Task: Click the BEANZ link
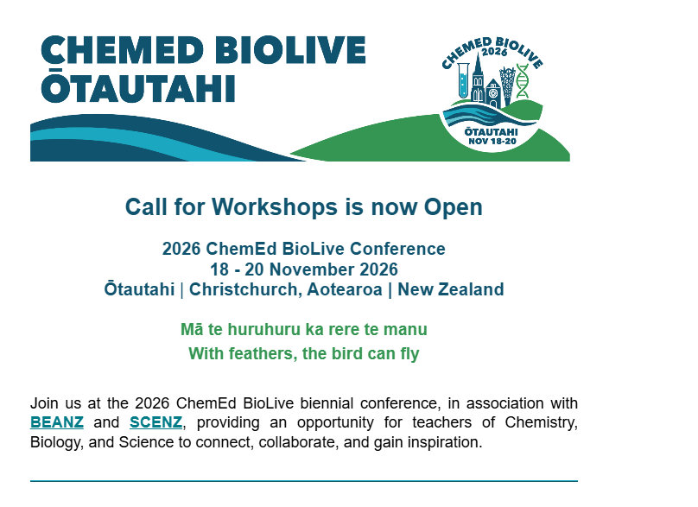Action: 56,422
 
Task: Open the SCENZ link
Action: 155,422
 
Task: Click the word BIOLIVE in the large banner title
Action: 293,49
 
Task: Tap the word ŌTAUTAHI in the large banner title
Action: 138,86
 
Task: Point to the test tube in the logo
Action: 463,80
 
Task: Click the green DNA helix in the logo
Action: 522,80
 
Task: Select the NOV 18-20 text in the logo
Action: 492,142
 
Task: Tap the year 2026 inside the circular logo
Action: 494,52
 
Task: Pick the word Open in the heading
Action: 454,208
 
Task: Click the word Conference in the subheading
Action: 397,249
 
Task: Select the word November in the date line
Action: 312,269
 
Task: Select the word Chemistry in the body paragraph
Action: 541,422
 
